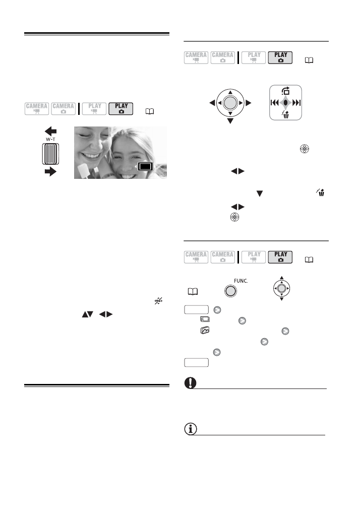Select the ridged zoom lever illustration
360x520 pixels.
click(50, 154)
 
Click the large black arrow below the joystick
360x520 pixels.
click(230, 121)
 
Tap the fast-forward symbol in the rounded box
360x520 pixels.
click(296, 102)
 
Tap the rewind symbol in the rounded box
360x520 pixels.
click(275, 102)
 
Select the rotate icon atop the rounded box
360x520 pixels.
click(285, 91)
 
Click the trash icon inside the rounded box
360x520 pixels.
click(286, 114)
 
